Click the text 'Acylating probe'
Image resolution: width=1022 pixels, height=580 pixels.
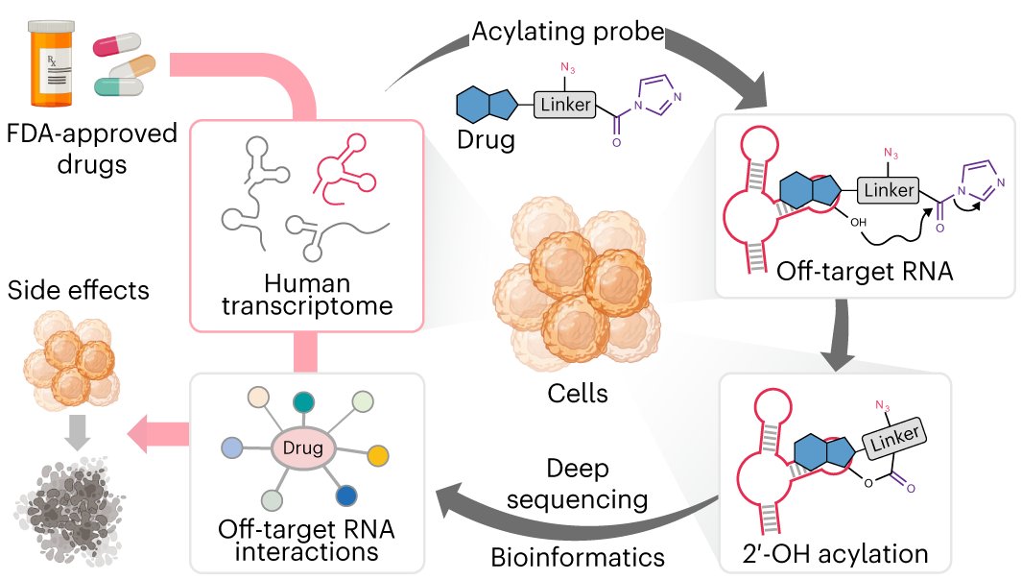click(567, 32)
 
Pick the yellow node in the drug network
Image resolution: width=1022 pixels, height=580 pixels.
click(378, 453)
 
